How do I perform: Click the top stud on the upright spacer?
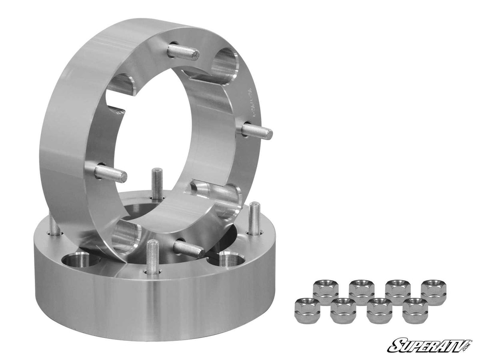tap(183, 52)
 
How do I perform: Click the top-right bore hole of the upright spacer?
tap(225, 64)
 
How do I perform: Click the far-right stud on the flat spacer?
tap(254, 218)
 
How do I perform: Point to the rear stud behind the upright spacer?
tap(157, 184)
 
